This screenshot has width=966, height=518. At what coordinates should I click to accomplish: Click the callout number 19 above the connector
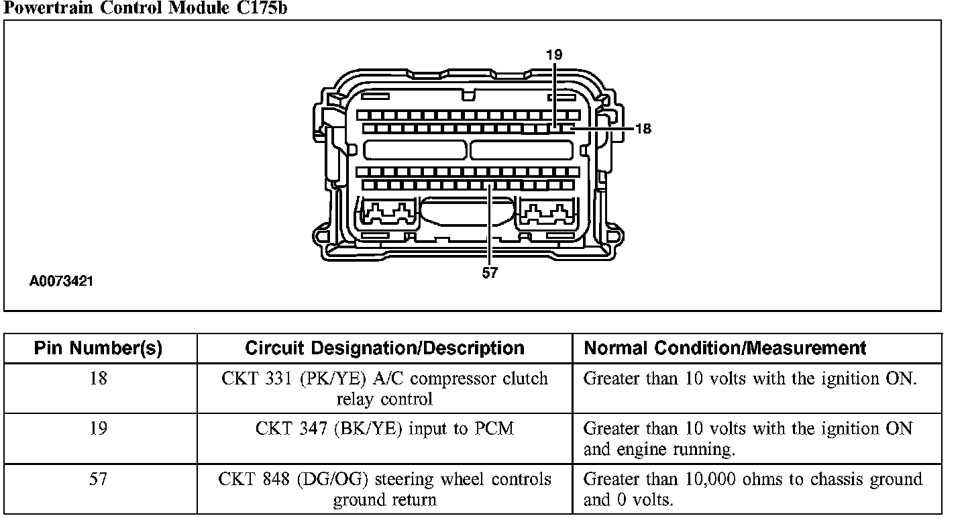[553, 55]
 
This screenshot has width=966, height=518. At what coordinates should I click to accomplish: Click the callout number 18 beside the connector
[643, 129]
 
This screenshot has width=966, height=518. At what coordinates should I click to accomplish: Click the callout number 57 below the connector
[490, 274]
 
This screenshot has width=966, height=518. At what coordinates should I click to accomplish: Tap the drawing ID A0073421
[61, 281]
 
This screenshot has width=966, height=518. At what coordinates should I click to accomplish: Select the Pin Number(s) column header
[99, 348]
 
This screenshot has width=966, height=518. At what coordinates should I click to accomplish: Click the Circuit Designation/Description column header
[384, 348]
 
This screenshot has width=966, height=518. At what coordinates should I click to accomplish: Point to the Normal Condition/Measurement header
[725, 348]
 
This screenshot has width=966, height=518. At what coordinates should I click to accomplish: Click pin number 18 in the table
[99, 379]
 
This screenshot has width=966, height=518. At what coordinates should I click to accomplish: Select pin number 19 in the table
[99, 428]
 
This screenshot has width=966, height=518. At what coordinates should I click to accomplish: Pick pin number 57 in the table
[99, 479]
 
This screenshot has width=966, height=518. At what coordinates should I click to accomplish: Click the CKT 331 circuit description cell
[384, 389]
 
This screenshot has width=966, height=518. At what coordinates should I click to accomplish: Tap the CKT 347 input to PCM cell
[384, 429]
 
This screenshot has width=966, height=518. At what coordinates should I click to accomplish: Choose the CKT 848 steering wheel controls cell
[384, 490]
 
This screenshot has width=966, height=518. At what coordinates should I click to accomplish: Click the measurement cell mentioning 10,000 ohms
[753, 490]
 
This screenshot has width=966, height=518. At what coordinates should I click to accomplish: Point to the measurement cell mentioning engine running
[748, 439]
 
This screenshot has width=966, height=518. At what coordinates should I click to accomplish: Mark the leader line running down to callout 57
[490, 228]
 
